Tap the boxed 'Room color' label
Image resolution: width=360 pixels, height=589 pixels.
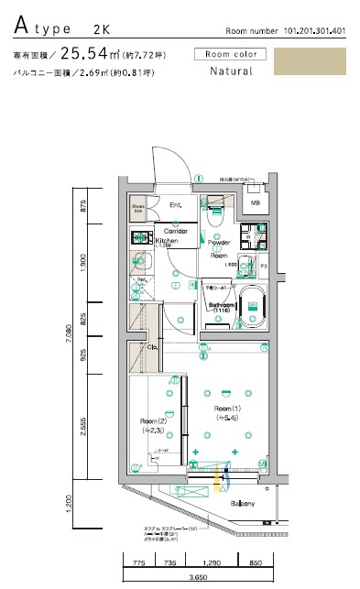pyautogui.click(x=231, y=54)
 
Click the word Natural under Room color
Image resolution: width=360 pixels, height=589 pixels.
pyautogui.click(x=231, y=71)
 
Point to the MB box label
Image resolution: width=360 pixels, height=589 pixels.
pyautogui.click(x=256, y=202)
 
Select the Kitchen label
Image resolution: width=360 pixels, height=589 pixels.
pyautogui.click(x=167, y=239)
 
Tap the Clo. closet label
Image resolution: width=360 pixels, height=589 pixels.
pyautogui.click(x=153, y=347)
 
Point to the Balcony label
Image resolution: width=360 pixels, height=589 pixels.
pyautogui.click(x=242, y=504)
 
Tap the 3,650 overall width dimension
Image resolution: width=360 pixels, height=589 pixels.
pyautogui.click(x=196, y=578)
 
